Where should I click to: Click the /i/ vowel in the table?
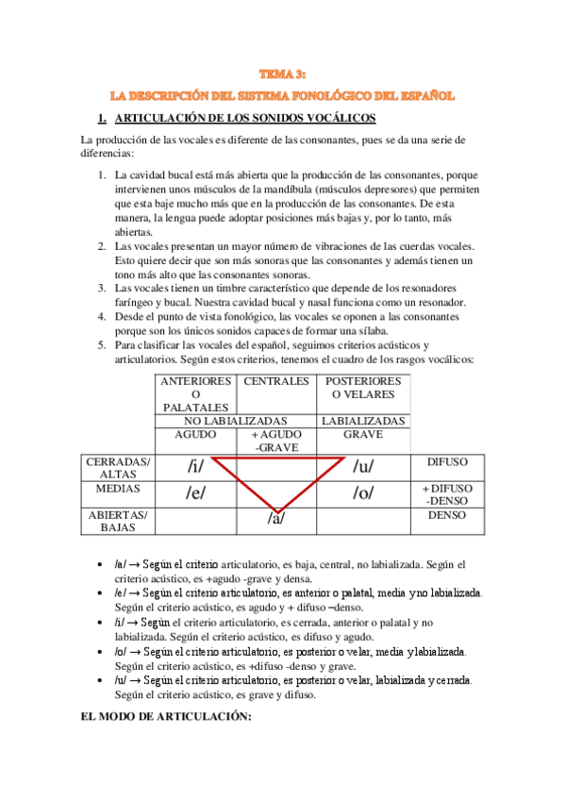pos(195,466)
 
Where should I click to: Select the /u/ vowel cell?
pos(364,466)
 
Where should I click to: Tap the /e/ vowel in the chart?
pos(195,492)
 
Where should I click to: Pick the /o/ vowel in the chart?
pos(364,492)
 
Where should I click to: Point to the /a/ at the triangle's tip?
pos(275,519)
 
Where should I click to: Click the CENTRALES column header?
pos(276,382)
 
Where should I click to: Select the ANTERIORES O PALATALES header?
pos(196,393)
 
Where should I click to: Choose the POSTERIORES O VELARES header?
pos(363,388)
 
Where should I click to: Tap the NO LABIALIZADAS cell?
pos(236,421)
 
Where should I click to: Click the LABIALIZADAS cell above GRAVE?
pos(363,421)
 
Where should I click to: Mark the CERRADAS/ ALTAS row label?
pos(118,467)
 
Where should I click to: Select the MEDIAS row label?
pos(118,490)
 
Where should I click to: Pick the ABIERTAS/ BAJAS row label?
pos(118,522)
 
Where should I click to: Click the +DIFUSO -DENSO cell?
pos(448,494)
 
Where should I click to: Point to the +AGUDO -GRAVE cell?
pos(276,441)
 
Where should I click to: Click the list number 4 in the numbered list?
pos(103,318)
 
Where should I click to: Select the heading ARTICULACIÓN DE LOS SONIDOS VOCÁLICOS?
pos(244,119)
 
